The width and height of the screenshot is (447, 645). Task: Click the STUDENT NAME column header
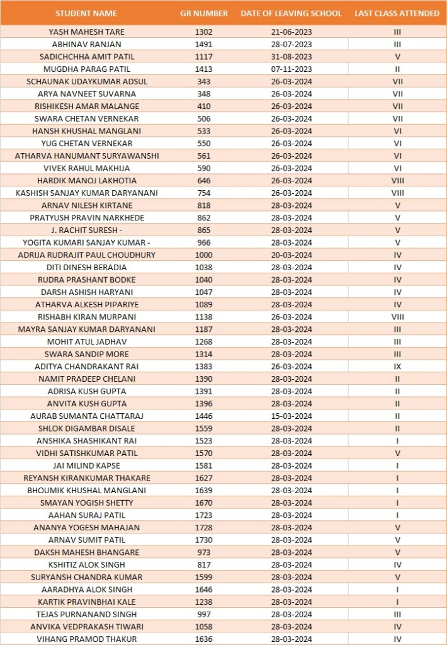86,13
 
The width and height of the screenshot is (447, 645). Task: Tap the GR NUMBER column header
204,13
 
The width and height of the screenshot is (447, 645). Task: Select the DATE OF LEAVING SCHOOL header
291,13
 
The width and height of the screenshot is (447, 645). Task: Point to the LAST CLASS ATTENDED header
397,13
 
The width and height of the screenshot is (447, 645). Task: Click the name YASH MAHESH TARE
86,31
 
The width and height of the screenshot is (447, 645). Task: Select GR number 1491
204,44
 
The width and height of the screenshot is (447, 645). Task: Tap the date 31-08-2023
291,57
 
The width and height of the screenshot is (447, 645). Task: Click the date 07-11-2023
291,69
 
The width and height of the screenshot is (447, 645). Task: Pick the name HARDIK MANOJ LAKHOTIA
86,181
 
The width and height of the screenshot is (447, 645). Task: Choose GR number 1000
204,255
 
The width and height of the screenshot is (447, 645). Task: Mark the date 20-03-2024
291,255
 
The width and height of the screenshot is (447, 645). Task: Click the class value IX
397,367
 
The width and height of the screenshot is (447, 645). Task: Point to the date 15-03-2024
291,416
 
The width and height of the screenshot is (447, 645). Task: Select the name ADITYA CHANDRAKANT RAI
86,367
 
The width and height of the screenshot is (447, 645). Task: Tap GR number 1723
204,515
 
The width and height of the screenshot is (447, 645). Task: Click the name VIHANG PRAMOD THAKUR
86,639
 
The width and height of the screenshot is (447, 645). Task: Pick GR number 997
204,614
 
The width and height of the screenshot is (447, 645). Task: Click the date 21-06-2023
291,31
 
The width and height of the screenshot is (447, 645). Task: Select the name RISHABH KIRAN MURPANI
86,317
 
